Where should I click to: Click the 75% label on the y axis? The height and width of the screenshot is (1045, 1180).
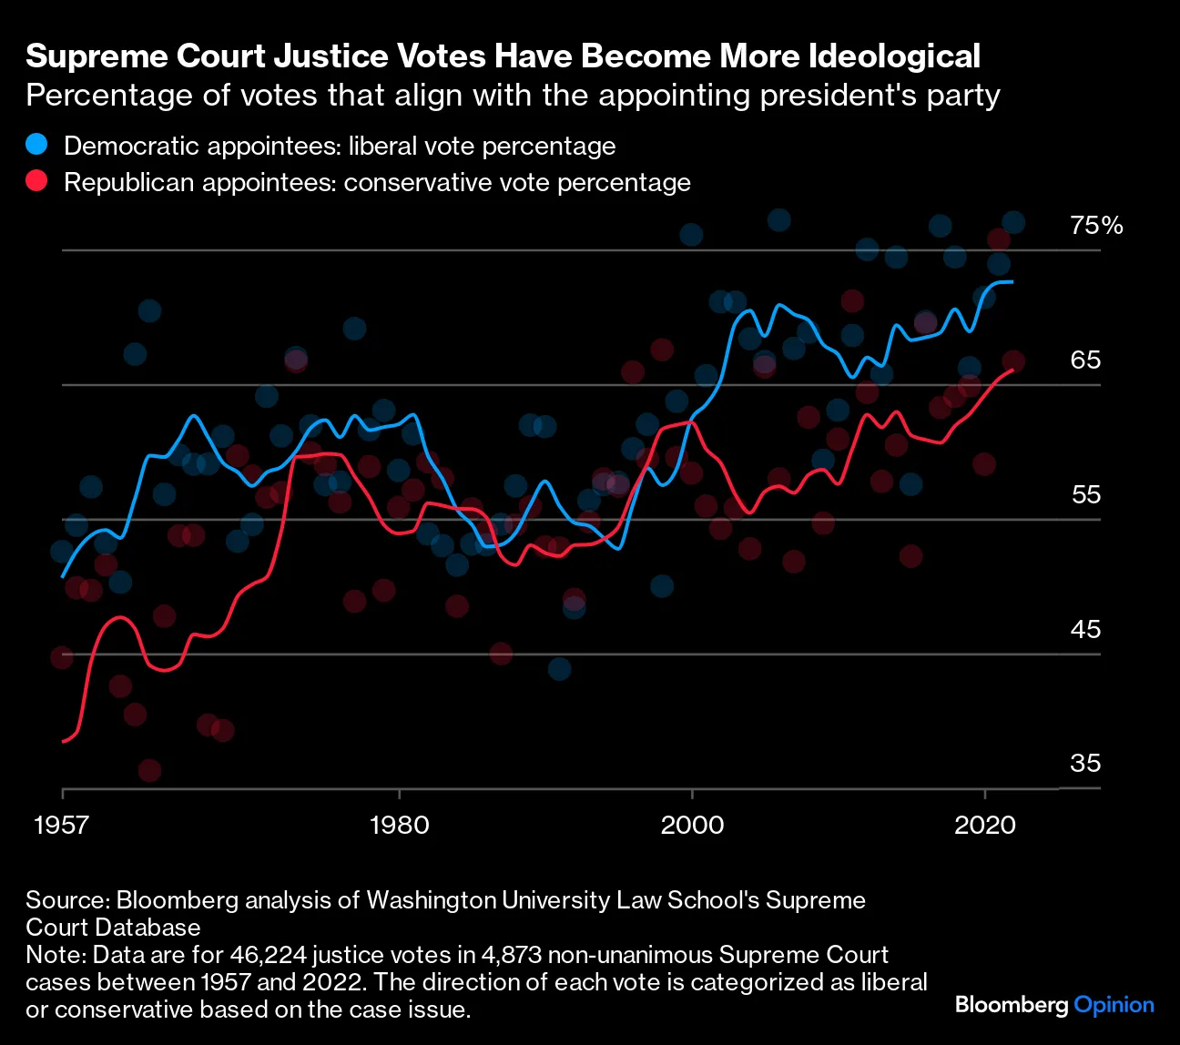(1096, 226)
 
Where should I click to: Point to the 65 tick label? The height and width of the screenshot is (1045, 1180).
(1085, 360)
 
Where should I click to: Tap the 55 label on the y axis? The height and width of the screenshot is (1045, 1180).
(1085, 495)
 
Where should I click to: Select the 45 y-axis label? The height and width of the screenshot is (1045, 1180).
(1085, 630)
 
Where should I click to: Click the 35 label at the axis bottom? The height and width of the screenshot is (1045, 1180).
(1085, 764)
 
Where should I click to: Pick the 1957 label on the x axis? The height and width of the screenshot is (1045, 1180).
(62, 825)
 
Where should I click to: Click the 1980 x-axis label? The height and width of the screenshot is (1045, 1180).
(399, 825)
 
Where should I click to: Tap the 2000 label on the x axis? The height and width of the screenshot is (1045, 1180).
(692, 825)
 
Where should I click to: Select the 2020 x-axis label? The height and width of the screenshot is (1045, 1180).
(984, 825)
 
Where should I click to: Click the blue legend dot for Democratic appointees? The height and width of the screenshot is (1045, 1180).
(36, 145)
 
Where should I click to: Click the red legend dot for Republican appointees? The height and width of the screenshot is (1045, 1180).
(36, 181)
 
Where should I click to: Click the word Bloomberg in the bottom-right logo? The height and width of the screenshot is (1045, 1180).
(1012, 1006)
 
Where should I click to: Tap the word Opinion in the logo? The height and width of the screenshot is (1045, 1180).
(1114, 1006)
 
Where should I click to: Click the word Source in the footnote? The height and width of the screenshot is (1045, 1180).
(66, 900)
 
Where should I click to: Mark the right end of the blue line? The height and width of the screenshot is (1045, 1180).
(1012, 282)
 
